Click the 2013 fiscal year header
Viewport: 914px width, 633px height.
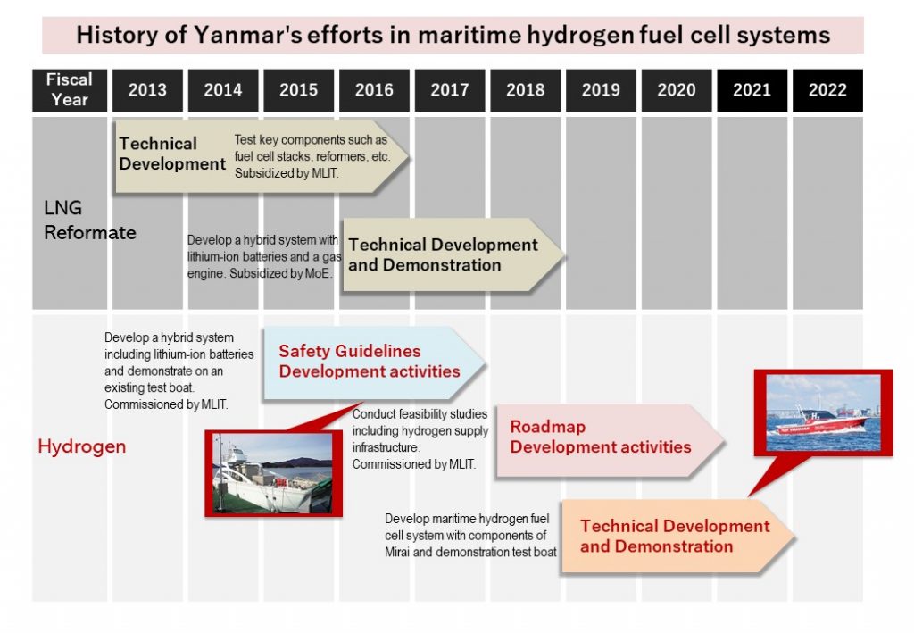[x=147, y=90]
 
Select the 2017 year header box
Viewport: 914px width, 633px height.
[x=450, y=90]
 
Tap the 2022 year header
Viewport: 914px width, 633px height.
[x=827, y=90]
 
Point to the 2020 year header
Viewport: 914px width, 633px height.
[x=677, y=90]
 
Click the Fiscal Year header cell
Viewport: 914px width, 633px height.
[x=70, y=90]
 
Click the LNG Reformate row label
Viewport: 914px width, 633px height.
[x=90, y=221]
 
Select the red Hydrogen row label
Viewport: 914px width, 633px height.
[x=81, y=446]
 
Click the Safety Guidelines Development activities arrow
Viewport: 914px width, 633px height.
[x=374, y=362]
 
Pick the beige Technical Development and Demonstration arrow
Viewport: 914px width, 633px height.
[x=453, y=254]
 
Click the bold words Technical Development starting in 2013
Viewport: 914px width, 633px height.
[x=172, y=154]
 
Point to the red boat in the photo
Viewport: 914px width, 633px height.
[x=821, y=422]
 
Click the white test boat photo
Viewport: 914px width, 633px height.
[x=273, y=472]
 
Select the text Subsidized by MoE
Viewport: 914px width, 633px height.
[x=281, y=273]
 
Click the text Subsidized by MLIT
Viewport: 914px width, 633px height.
[x=287, y=173]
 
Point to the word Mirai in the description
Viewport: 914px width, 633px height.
[x=397, y=552]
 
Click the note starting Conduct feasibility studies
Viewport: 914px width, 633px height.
[x=420, y=439]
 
